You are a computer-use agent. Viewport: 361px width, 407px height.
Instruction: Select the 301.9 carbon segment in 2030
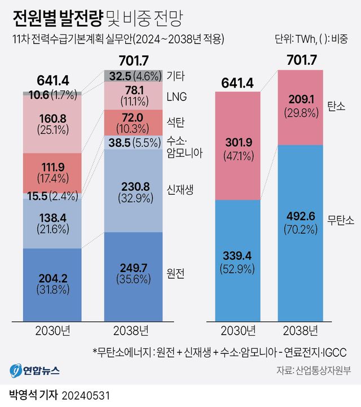click(x=237, y=146)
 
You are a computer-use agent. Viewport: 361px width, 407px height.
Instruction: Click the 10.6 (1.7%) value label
click(x=52, y=95)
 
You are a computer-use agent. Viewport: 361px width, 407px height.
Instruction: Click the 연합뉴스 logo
click(x=34, y=370)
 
